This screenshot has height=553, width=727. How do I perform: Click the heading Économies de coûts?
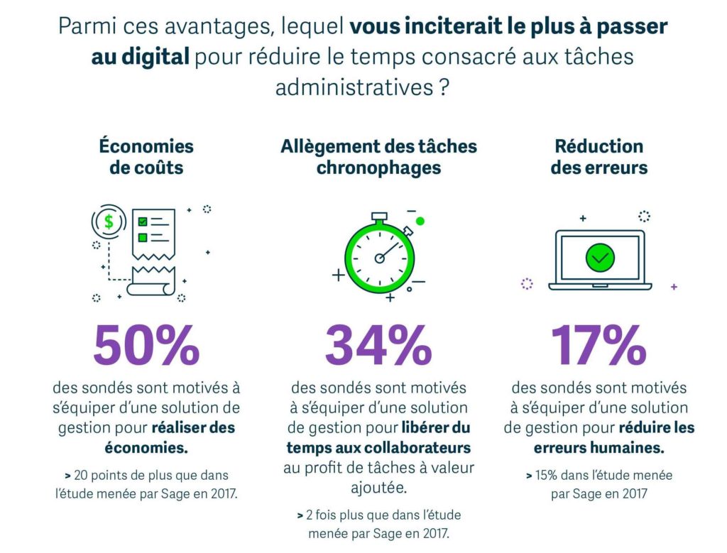pos(146,157)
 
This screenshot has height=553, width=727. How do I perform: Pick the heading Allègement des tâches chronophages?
pos(378,157)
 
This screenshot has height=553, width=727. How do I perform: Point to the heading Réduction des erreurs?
pos(599,157)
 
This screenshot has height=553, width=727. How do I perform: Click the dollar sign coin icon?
pos(109,221)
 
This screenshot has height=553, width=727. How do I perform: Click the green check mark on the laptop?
pos(601,258)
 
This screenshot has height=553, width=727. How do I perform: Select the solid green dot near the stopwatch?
pos(420,221)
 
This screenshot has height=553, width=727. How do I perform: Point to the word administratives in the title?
pos(352,88)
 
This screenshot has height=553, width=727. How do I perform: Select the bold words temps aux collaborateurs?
pos(378,448)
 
